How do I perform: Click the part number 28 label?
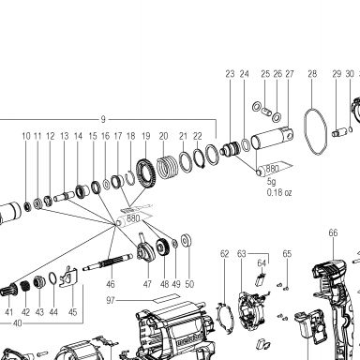312,74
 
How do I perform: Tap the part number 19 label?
146,136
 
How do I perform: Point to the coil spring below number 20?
167,168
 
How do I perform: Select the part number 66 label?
333,232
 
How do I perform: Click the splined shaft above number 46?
108,262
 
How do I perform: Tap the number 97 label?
111,300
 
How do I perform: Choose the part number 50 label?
189,284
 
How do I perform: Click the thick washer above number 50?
187,240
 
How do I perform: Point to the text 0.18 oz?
279,192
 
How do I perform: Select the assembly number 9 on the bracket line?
103,119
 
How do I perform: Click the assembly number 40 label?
18,323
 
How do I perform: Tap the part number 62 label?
225,254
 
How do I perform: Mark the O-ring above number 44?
52,279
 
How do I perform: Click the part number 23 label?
230,74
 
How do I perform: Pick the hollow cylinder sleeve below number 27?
273,138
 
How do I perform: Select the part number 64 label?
262,263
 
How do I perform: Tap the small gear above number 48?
163,247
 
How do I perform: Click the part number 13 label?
65,136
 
